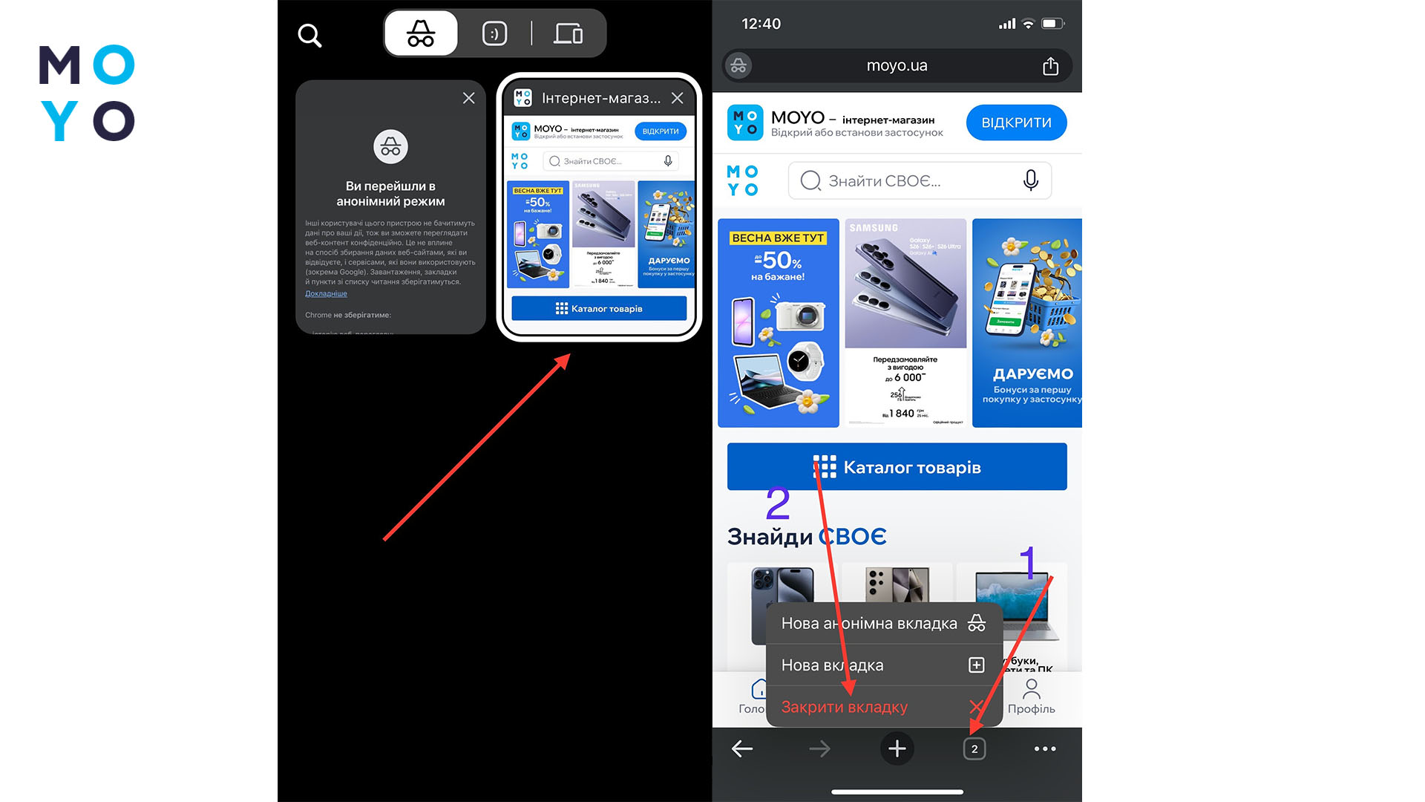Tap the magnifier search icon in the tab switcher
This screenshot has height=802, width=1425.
[x=309, y=35]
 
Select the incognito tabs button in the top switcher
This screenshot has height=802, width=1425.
[x=421, y=33]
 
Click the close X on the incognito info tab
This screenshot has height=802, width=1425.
[x=468, y=98]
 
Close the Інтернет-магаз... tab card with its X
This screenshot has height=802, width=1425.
[x=677, y=98]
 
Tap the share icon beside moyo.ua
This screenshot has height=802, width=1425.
[x=1050, y=66]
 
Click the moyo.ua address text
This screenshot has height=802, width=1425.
[x=897, y=66]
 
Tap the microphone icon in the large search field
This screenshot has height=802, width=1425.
[x=1030, y=180]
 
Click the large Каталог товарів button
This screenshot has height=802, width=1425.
[x=897, y=467]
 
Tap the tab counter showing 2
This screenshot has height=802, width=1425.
[x=974, y=749]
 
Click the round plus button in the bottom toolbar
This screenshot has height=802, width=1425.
[x=897, y=749]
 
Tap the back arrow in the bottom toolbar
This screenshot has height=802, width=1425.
[x=742, y=749]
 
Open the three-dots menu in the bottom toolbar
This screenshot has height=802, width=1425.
[x=1045, y=749]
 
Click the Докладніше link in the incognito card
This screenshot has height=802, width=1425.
[x=326, y=294]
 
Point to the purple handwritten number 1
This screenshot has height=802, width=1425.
[x=1028, y=562]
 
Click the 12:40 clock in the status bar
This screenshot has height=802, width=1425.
[x=761, y=24]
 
